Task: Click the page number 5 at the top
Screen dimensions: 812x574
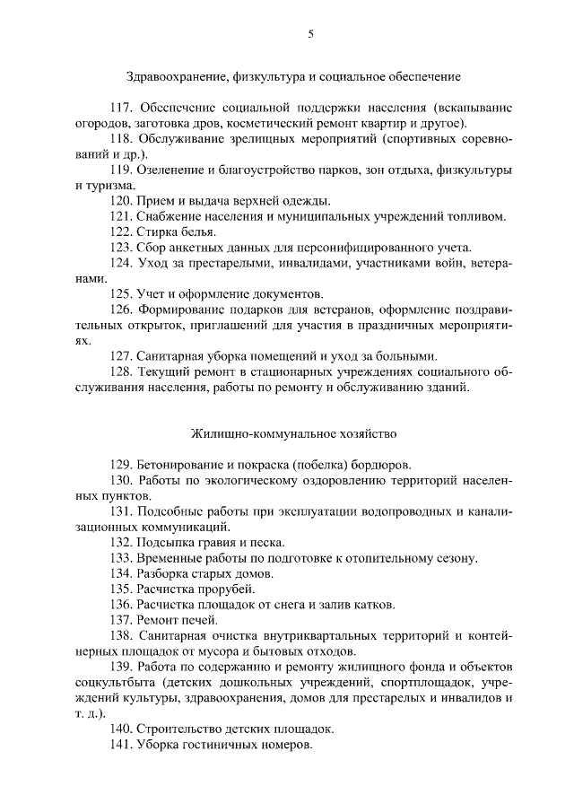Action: pos(310,34)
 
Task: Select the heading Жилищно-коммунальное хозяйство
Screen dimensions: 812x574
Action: pos(292,433)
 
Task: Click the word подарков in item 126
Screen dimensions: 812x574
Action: pos(239,310)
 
